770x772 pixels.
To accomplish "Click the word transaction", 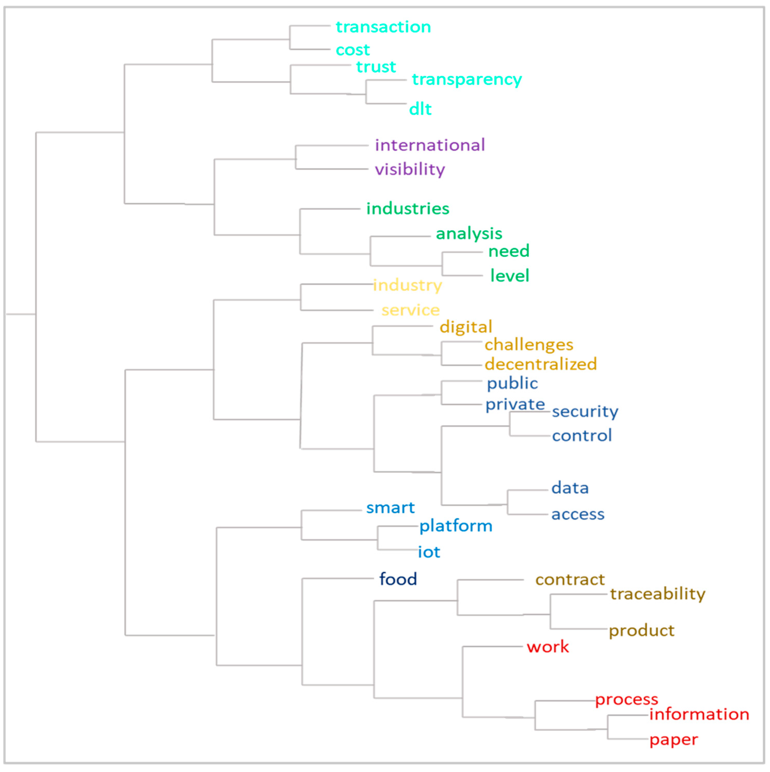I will (383, 27).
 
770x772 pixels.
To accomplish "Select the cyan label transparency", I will (466, 79).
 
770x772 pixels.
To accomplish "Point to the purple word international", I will (430, 145).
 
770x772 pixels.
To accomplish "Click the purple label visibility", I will (410, 170).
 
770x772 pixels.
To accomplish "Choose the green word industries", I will (408, 208).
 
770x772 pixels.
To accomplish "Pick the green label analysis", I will (469, 234).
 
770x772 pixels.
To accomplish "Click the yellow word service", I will (411, 310).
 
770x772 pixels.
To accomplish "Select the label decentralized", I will (541, 364).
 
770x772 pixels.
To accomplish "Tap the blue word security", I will (585, 411).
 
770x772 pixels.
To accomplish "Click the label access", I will (578, 514).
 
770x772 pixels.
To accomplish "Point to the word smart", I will (391, 508).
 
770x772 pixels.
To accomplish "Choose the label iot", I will (429, 552).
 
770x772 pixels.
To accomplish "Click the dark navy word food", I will (398, 579).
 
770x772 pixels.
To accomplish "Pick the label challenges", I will (529, 344).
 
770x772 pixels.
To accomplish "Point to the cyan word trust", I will (376, 67).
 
